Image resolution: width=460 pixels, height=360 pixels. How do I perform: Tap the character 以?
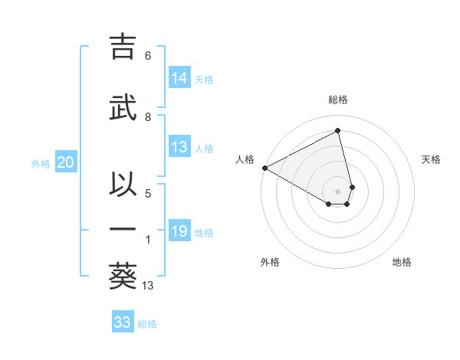[123, 183]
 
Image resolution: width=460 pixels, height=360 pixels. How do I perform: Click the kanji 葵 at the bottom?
[123, 276]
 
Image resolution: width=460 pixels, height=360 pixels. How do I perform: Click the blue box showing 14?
[180, 78]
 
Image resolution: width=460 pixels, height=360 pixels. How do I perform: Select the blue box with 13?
[180, 148]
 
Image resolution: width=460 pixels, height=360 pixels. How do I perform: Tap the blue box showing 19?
[180, 231]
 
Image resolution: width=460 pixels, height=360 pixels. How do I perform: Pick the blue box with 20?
[65, 162]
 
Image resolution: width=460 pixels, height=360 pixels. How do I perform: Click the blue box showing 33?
[123, 322]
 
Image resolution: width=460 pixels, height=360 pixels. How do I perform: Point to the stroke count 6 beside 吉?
[148, 56]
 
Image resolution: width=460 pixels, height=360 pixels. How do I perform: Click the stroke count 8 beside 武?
[148, 116]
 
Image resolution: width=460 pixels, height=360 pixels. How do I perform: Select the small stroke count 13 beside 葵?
[148, 286]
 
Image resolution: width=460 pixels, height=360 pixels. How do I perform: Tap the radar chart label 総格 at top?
[338, 100]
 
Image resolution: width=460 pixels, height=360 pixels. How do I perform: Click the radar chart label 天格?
[431, 159]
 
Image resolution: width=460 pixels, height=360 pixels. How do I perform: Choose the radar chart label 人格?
[245, 159]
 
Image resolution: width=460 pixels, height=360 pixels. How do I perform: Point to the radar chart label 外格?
[270, 262]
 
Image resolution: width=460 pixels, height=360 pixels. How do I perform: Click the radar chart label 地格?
[402, 262]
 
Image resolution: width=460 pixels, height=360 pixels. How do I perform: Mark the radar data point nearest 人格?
[264, 168]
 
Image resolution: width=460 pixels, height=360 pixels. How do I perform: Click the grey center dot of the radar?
[338, 191]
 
